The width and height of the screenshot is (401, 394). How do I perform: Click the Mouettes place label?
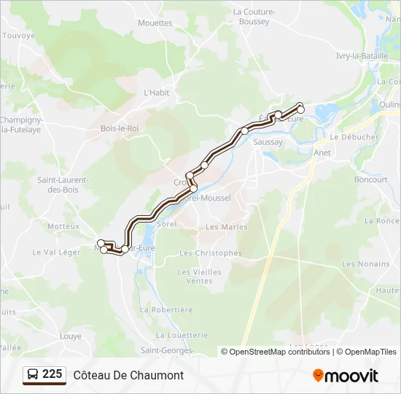coord(155,23)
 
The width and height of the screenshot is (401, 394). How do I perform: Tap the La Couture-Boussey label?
coord(252,17)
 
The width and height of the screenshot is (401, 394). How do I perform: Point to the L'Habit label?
coord(156,93)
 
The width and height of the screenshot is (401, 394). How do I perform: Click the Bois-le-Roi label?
coord(120,128)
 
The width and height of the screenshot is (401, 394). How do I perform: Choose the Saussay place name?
coord(268,142)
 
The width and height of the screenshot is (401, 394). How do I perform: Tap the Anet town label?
coord(322,153)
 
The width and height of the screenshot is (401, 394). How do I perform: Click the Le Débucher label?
coord(354,136)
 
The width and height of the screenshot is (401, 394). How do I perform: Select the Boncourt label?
coord(370,179)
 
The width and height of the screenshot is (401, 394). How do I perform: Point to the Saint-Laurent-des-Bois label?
coord(63,185)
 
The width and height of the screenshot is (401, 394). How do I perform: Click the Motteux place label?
coord(63,226)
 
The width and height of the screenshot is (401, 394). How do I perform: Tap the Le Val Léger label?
coord(56,252)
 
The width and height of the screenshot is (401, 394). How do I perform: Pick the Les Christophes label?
coord(210,253)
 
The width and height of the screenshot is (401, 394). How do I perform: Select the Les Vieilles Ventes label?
coord(199,277)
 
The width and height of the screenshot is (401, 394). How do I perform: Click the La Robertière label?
coord(166,309)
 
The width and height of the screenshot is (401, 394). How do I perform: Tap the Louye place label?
coord(71,336)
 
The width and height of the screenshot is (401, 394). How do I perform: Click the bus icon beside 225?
coord(32,375)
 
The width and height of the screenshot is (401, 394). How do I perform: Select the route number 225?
coord(52,374)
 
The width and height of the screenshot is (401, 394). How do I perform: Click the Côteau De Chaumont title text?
coord(128,375)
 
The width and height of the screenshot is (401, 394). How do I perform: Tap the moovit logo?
coord(346,376)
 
